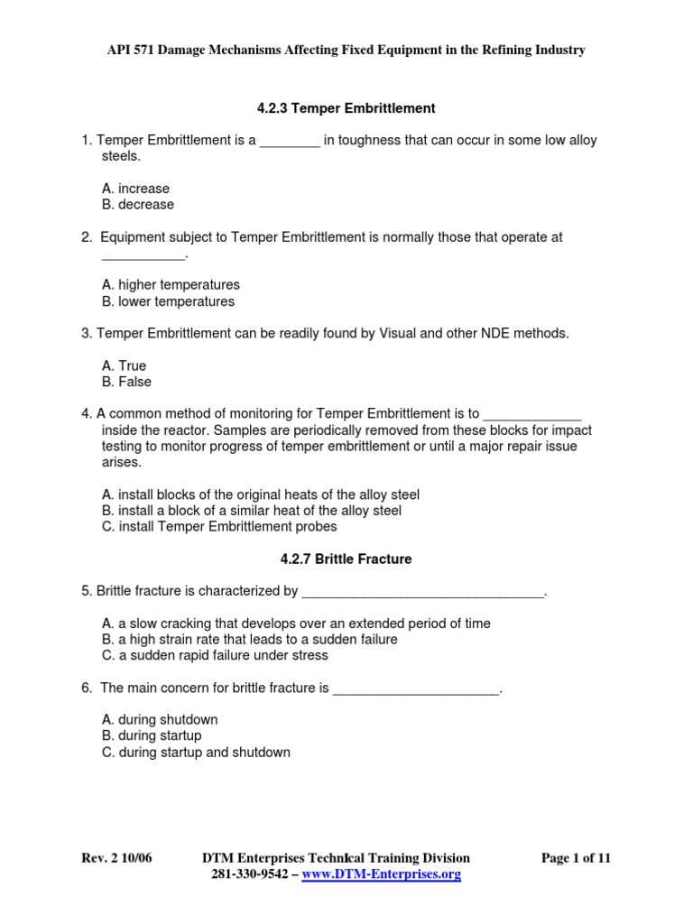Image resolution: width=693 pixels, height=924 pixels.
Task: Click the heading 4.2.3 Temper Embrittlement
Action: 346,108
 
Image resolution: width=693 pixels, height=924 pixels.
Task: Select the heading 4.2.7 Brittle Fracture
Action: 346,559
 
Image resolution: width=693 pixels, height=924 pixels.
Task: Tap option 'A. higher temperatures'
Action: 171,285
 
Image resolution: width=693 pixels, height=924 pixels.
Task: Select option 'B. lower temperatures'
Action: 169,301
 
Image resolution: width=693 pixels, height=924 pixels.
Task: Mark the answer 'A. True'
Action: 125,365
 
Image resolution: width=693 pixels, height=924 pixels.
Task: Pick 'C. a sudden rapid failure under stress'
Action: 216,656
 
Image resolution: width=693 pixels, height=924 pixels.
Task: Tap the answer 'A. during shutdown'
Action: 161,720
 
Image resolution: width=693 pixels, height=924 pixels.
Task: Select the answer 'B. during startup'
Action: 152,736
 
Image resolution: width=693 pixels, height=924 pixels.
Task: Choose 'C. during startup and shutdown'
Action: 197,753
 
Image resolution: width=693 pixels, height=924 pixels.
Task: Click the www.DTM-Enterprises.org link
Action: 382,875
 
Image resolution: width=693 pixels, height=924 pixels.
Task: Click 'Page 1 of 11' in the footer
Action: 576,858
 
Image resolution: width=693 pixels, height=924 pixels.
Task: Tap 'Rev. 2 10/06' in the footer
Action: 116,858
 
